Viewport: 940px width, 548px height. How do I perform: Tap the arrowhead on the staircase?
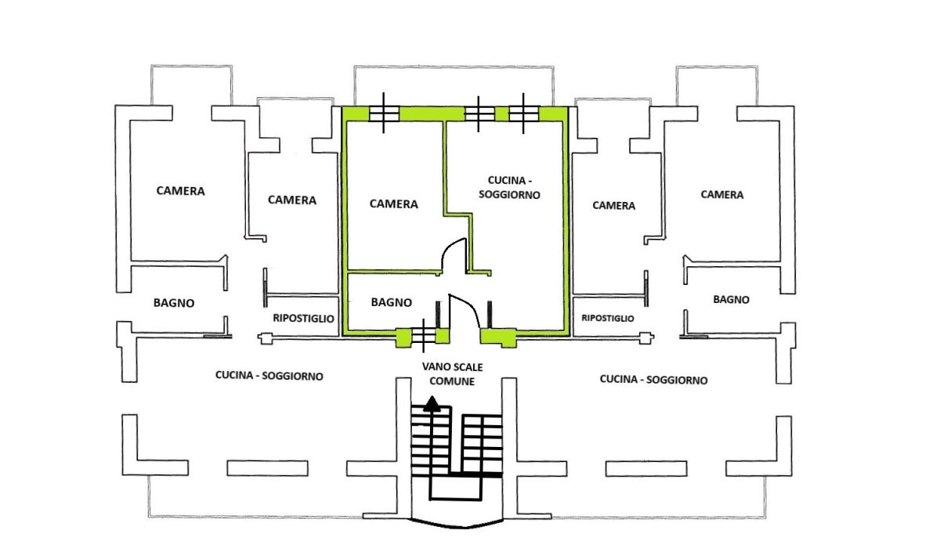[430, 404]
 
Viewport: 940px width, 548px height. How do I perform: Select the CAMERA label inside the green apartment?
[393, 204]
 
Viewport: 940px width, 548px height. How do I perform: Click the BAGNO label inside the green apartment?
[392, 301]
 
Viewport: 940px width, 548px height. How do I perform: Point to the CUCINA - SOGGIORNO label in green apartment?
[508, 187]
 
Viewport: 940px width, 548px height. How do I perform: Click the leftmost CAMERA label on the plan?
[180, 190]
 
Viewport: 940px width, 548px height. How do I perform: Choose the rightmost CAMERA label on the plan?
[721, 194]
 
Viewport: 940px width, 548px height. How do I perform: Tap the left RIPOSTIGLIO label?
[303, 319]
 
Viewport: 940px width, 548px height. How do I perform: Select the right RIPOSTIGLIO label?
[608, 319]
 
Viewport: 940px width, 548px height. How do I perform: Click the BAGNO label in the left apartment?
[173, 302]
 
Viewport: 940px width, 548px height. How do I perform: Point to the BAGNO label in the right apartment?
[731, 299]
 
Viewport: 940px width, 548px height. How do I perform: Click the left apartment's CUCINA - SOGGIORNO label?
[269, 376]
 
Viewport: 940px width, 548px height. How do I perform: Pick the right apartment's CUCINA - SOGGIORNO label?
[654, 380]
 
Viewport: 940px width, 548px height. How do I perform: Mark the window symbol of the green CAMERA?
[384, 114]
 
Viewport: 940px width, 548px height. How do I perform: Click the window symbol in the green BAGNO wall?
[423, 337]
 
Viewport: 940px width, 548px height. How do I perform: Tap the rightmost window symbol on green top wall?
[524, 114]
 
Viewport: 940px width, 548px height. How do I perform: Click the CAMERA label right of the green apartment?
[613, 205]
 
